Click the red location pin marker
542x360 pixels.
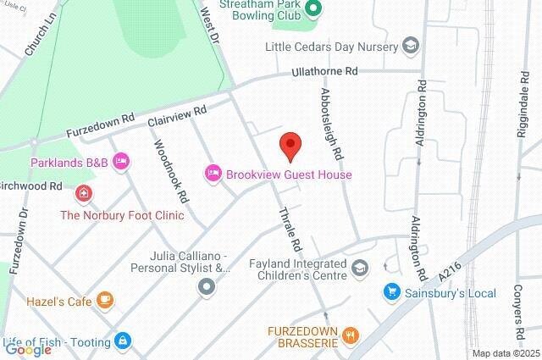290,147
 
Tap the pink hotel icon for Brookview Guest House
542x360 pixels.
213,174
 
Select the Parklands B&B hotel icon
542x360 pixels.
121,161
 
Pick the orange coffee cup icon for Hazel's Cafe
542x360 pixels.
105,299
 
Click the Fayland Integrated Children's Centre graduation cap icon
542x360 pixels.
362,269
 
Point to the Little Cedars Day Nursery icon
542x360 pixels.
411,45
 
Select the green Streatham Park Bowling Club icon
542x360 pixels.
312,9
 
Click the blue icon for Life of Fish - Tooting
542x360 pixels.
124,341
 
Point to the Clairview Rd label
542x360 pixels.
177,118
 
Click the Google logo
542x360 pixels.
27,349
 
